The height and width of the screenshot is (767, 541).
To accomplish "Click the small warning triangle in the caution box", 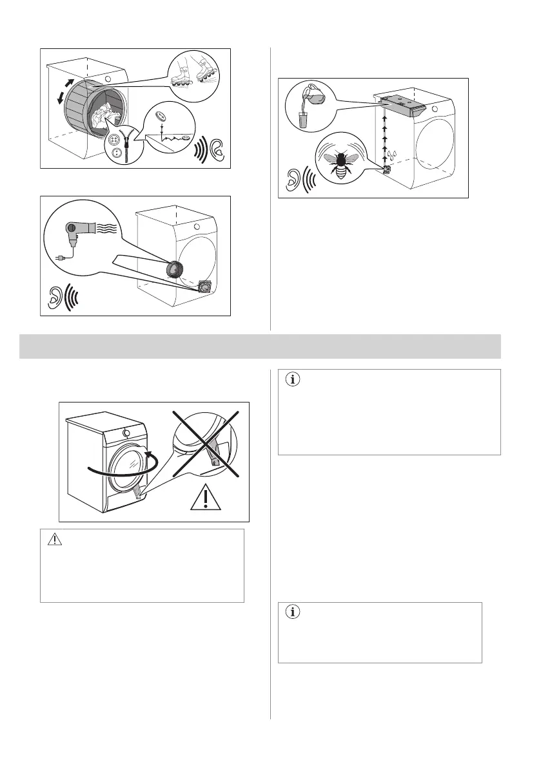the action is point(57,540).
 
